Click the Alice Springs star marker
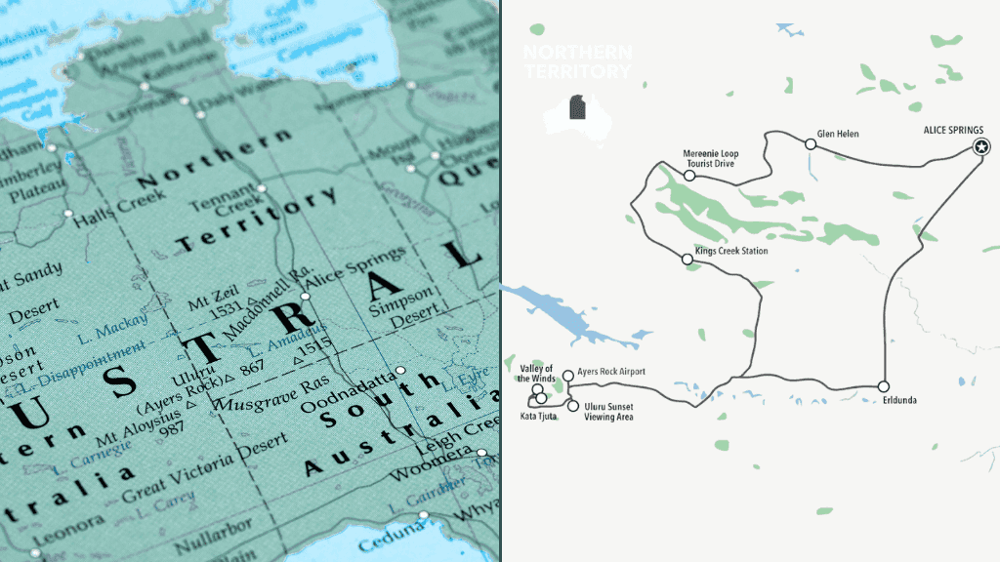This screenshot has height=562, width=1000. [x=981, y=147]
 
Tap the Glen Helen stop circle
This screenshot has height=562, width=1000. [x=811, y=144]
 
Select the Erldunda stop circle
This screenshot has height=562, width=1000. [x=883, y=386]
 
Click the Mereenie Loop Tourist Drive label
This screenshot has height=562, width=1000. [x=710, y=158]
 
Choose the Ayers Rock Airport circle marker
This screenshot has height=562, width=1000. [x=567, y=375]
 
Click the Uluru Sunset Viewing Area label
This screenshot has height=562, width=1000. [x=609, y=411]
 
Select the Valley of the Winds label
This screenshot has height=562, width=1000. [x=537, y=372]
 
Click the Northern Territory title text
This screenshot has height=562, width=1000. [x=577, y=61]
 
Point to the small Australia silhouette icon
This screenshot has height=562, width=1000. [x=576, y=115]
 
